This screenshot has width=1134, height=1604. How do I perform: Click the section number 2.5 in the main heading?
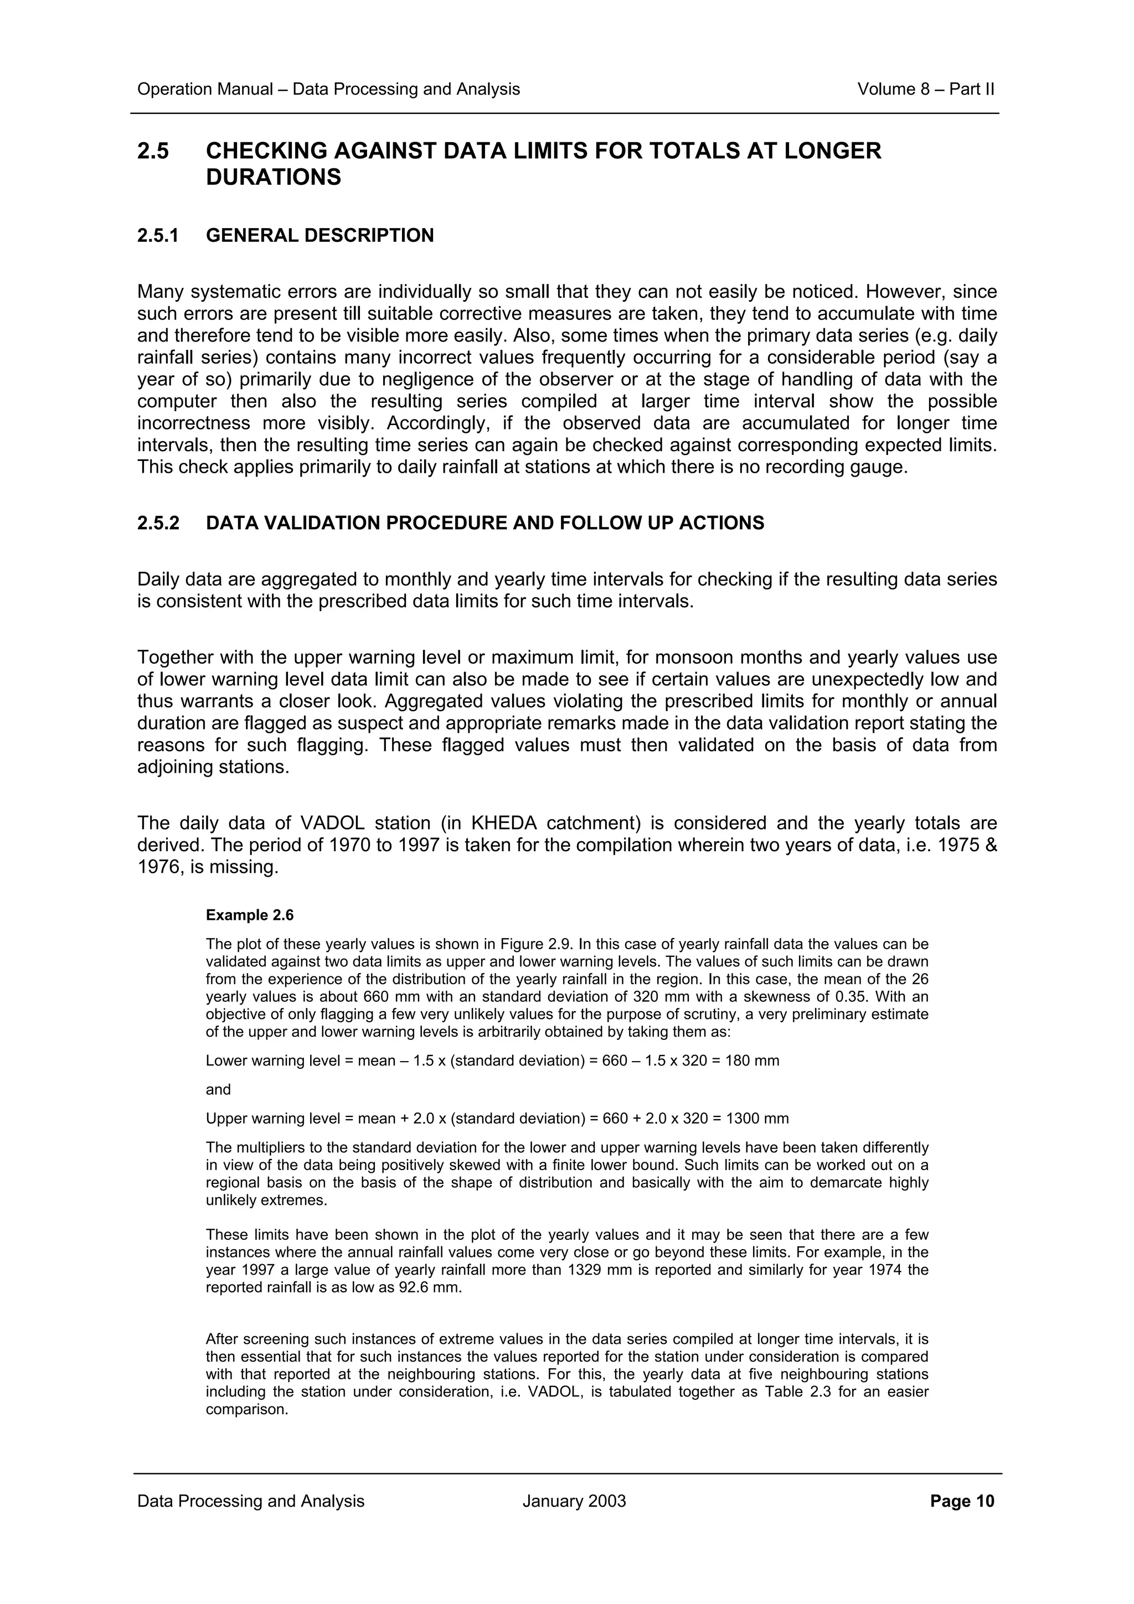pos(153,151)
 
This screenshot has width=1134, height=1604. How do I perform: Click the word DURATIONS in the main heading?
pos(273,178)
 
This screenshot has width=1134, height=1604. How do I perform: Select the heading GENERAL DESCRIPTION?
pos(319,235)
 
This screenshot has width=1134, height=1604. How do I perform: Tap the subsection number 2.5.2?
pos(158,523)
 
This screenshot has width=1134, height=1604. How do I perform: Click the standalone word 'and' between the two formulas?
pos(218,1090)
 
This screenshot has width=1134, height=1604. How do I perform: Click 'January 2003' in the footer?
pos(574,1501)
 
